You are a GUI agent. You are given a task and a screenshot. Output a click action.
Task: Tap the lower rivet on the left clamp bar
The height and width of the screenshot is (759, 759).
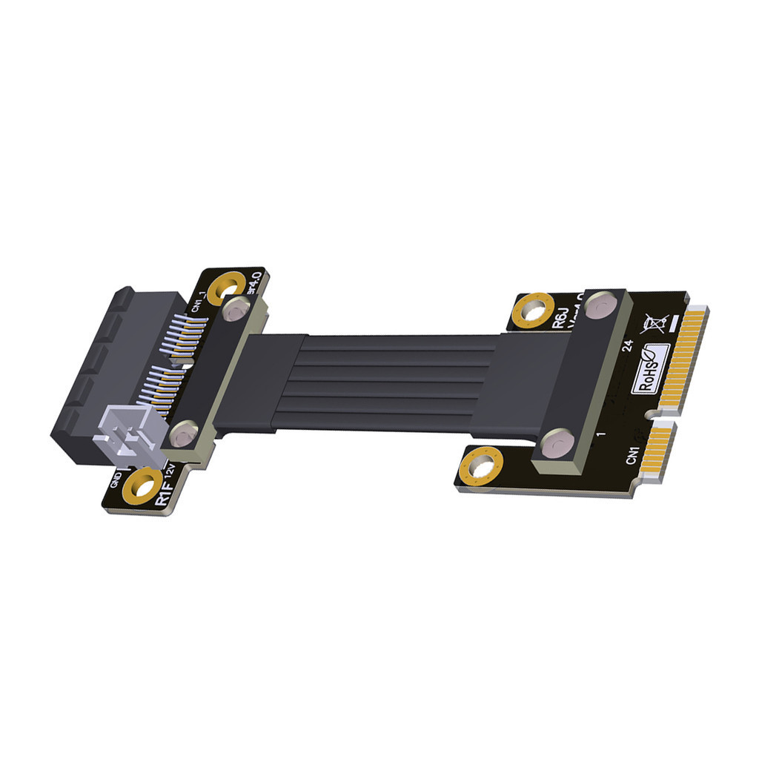point(182,434)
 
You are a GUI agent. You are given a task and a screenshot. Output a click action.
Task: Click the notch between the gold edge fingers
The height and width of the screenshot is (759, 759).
point(652,414)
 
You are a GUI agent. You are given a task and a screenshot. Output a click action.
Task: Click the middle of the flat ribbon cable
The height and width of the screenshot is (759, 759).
point(393,382)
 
